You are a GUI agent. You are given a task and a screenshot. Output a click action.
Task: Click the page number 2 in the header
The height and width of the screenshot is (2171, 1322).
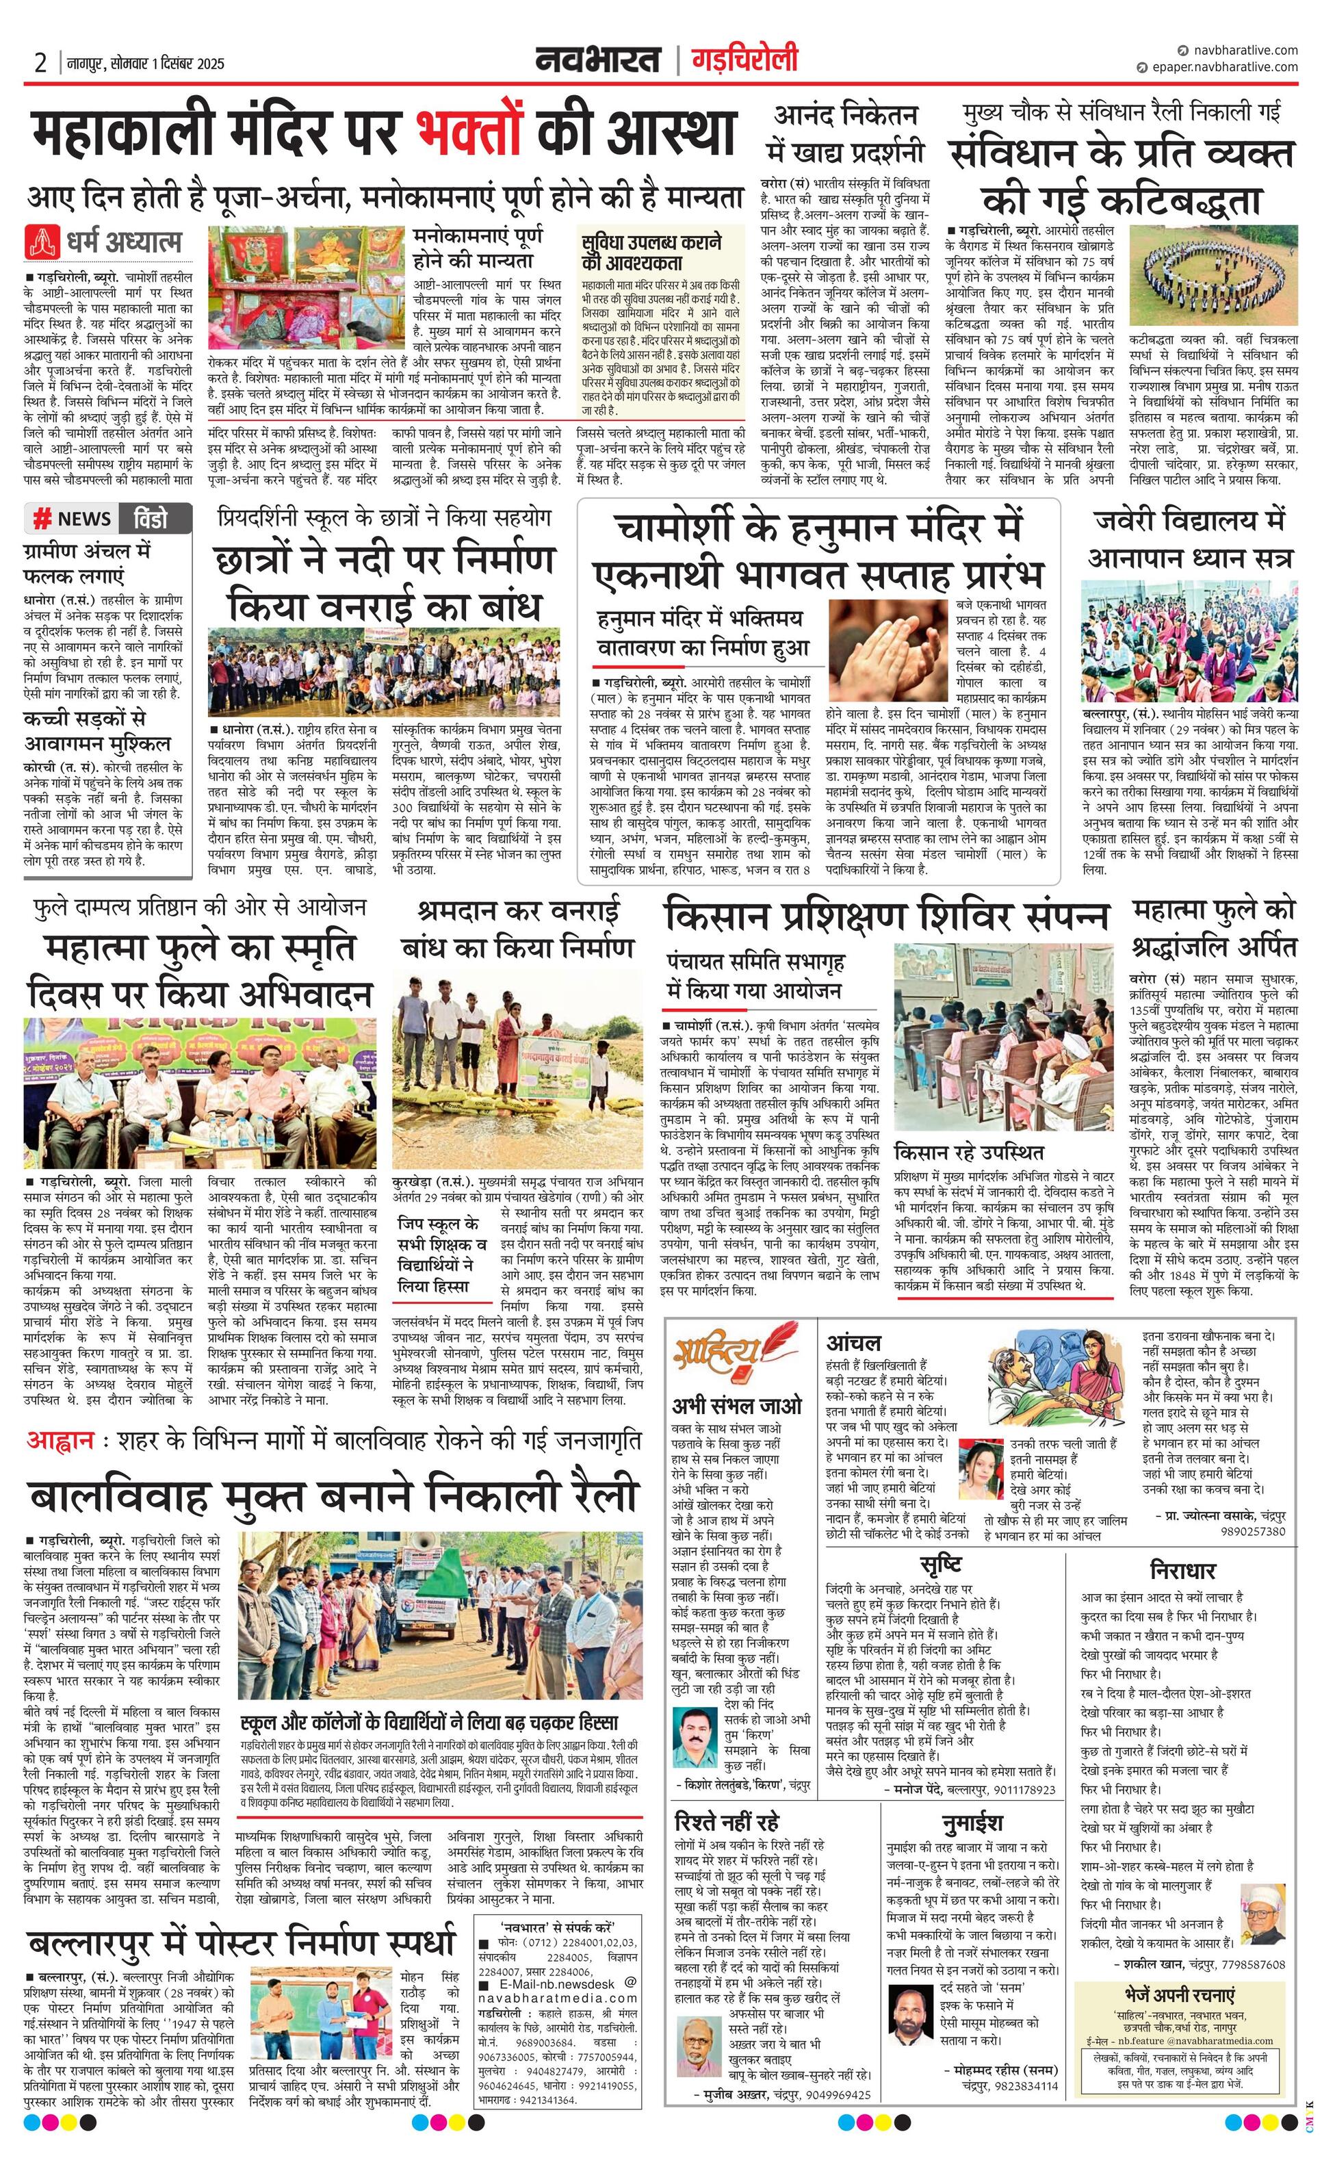(x=40, y=64)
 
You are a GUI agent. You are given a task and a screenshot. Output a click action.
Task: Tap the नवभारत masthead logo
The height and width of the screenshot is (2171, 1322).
(x=598, y=61)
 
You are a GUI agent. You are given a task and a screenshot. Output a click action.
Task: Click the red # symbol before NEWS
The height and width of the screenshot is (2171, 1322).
(x=41, y=519)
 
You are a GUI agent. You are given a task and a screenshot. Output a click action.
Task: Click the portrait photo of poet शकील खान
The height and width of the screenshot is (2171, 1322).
(x=1265, y=1888)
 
